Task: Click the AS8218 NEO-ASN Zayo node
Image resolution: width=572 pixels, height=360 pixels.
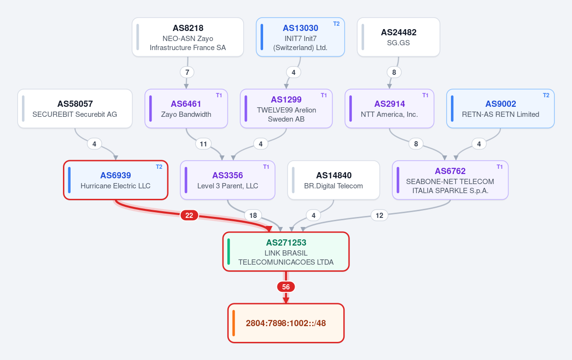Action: click(x=188, y=37)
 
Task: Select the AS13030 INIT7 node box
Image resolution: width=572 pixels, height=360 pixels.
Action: click(x=300, y=37)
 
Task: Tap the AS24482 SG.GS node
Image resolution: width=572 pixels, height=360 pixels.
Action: click(x=398, y=37)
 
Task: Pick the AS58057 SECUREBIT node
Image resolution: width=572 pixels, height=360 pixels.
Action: click(x=75, y=109)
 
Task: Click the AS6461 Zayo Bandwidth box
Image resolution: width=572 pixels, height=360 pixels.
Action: click(x=186, y=109)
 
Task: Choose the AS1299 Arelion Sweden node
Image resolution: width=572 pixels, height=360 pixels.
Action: click(x=286, y=109)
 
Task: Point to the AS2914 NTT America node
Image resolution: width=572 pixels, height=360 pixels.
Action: click(x=389, y=109)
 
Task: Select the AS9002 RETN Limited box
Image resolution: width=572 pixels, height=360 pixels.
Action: click(x=500, y=109)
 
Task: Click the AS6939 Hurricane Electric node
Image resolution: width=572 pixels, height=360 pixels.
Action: click(x=116, y=180)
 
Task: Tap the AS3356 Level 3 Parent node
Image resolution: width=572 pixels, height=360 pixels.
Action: click(x=227, y=180)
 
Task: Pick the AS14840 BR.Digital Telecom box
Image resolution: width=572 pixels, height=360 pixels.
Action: click(x=334, y=180)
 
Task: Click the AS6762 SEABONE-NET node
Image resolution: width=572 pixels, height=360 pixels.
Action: click(x=450, y=180)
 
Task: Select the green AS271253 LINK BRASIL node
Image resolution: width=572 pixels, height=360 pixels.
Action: click(x=286, y=252)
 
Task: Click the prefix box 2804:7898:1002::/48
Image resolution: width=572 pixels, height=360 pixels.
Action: click(x=286, y=323)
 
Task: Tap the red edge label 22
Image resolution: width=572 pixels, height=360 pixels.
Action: click(x=189, y=216)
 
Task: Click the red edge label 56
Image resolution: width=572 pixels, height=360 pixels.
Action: click(x=286, y=287)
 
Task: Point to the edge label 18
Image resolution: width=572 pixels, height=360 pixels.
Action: click(x=253, y=216)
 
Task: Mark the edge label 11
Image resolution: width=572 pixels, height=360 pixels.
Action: click(x=203, y=144)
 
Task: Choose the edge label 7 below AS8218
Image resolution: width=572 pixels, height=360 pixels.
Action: click(x=187, y=72)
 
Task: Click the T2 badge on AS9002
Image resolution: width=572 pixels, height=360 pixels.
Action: click(x=546, y=95)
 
